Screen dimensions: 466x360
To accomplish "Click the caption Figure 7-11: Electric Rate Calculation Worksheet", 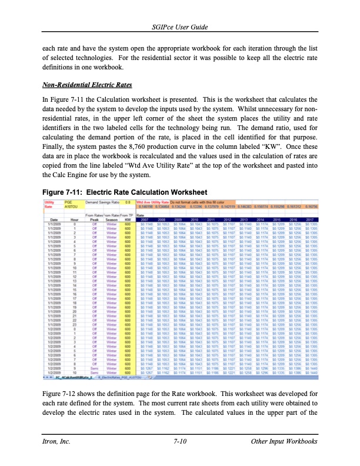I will [x=125, y=192].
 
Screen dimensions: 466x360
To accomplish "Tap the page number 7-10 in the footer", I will [x=180, y=441].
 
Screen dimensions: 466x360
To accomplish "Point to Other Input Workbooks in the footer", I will [x=284, y=441].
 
